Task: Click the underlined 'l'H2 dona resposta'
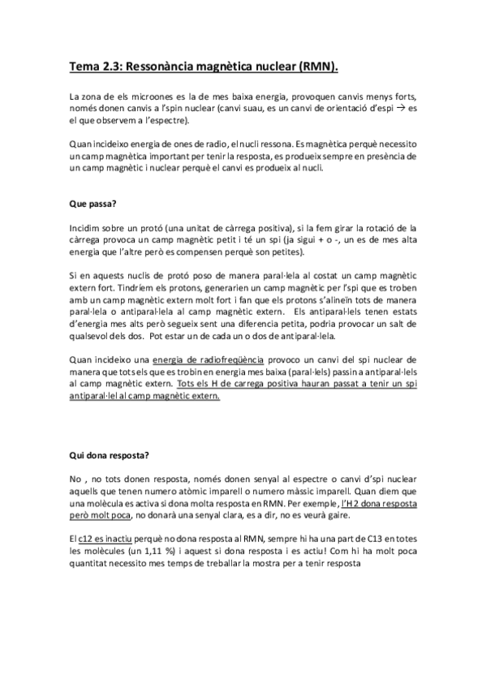click(x=380, y=504)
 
